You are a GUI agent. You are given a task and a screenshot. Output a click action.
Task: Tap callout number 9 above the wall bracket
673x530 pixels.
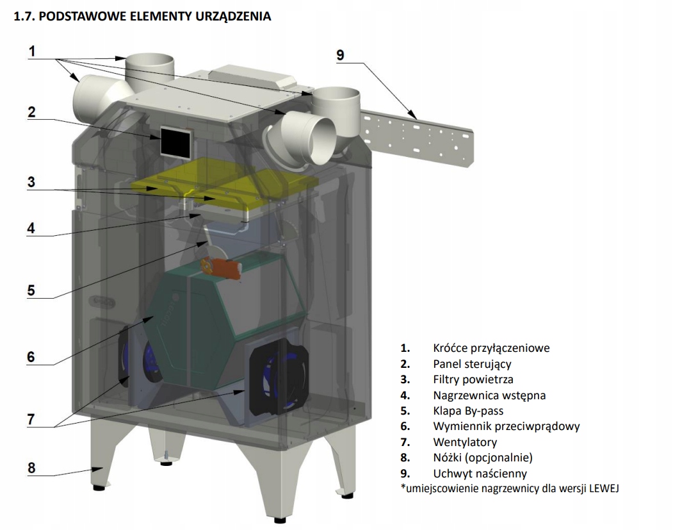coord(340,55)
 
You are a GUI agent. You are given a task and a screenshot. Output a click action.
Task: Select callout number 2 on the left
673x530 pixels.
coord(31,112)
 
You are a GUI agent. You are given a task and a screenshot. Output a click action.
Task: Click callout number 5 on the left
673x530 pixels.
coord(31,290)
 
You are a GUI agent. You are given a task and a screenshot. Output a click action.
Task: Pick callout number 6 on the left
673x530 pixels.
coord(31,357)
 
